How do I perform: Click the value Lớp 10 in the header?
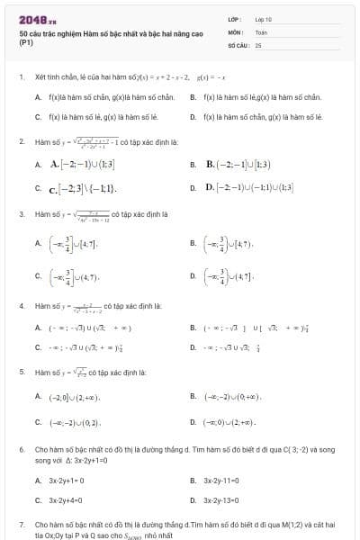pos(263,19)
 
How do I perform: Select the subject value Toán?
pos(261,31)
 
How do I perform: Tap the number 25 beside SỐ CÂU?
pos(258,44)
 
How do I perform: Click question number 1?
pos(21,77)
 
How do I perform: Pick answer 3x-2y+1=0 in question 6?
pos(66,481)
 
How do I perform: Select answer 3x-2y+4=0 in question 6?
pos(66,500)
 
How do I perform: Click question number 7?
pos(21,523)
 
